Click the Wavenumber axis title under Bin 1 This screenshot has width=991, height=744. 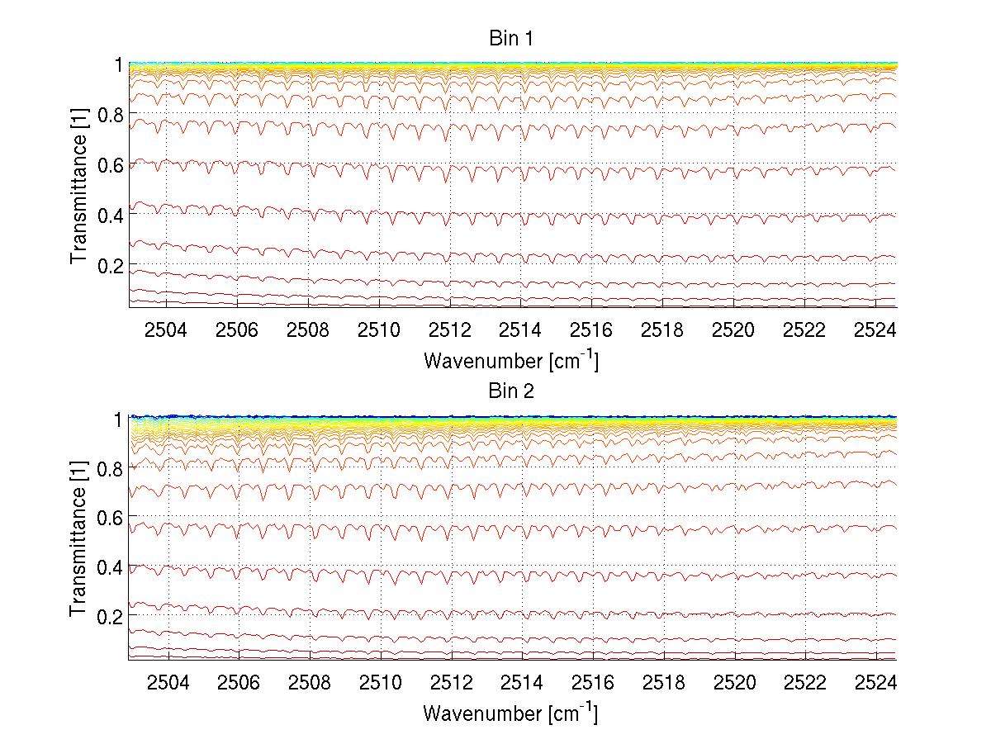tap(510, 360)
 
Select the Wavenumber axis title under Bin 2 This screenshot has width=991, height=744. tap(510, 713)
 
